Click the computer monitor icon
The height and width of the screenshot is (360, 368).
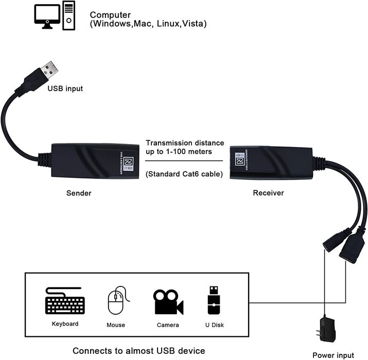(x=47, y=16)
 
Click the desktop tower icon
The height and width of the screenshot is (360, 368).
(x=69, y=15)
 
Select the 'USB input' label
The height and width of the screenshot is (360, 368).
(x=65, y=88)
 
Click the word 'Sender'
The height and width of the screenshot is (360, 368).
(x=78, y=193)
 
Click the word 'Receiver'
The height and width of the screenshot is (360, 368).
(x=268, y=193)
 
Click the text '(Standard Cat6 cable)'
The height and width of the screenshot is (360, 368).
(x=184, y=174)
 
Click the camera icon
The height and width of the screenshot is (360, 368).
(x=168, y=302)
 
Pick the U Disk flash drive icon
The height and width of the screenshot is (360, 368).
(x=213, y=300)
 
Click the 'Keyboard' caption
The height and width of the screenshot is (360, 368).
(x=65, y=324)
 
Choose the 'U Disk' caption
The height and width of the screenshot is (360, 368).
(x=213, y=325)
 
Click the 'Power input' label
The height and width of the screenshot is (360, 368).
(x=334, y=355)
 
